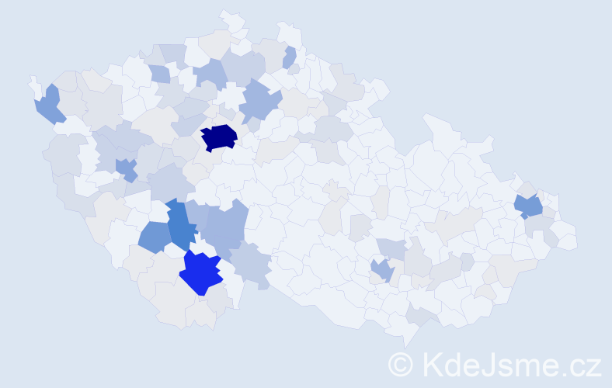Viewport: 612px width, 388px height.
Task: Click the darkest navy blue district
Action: pos(219,137)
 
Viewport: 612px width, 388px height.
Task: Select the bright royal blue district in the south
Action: pos(201,274)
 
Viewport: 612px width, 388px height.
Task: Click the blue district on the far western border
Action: pos(49,106)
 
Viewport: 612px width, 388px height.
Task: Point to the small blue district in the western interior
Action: pos(127,169)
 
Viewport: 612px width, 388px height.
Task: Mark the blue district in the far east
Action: pos(529,206)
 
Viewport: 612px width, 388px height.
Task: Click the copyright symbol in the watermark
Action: pos(402,364)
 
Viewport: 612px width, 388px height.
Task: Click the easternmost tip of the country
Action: pos(576,241)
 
